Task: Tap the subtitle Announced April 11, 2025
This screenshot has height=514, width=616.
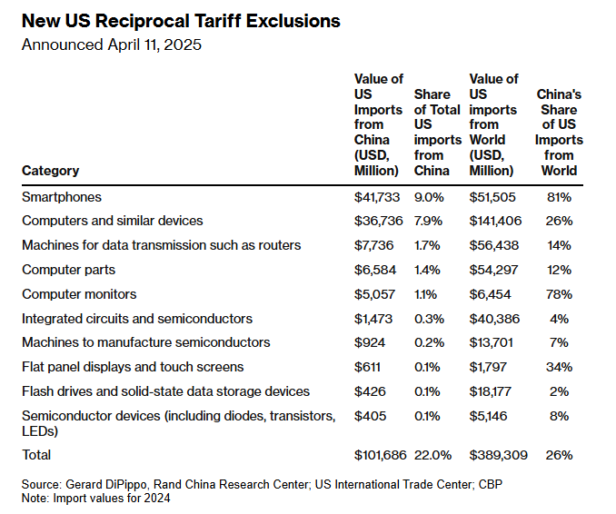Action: (x=112, y=44)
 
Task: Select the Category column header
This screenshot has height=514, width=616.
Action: (x=50, y=171)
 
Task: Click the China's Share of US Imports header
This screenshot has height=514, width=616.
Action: (x=559, y=132)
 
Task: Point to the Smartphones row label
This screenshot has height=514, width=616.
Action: (x=62, y=197)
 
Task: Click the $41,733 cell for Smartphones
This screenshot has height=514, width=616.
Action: (x=376, y=197)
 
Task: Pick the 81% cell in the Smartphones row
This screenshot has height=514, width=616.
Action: (x=559, y=197)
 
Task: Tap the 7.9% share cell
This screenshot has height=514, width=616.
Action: (x=429, y=221)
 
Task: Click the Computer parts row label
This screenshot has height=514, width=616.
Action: (x=68, y=270)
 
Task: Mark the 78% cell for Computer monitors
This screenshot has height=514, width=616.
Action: (x=559, y=294)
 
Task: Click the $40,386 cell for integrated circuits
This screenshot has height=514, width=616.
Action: (x=492, y=319)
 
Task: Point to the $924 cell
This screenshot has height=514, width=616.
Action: (x=368, y=342)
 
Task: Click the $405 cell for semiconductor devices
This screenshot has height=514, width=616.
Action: (x=368, y=416)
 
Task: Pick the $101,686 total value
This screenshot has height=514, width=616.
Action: (x=380, y=454)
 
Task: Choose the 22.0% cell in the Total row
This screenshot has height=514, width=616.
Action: (x=432, y=454)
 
